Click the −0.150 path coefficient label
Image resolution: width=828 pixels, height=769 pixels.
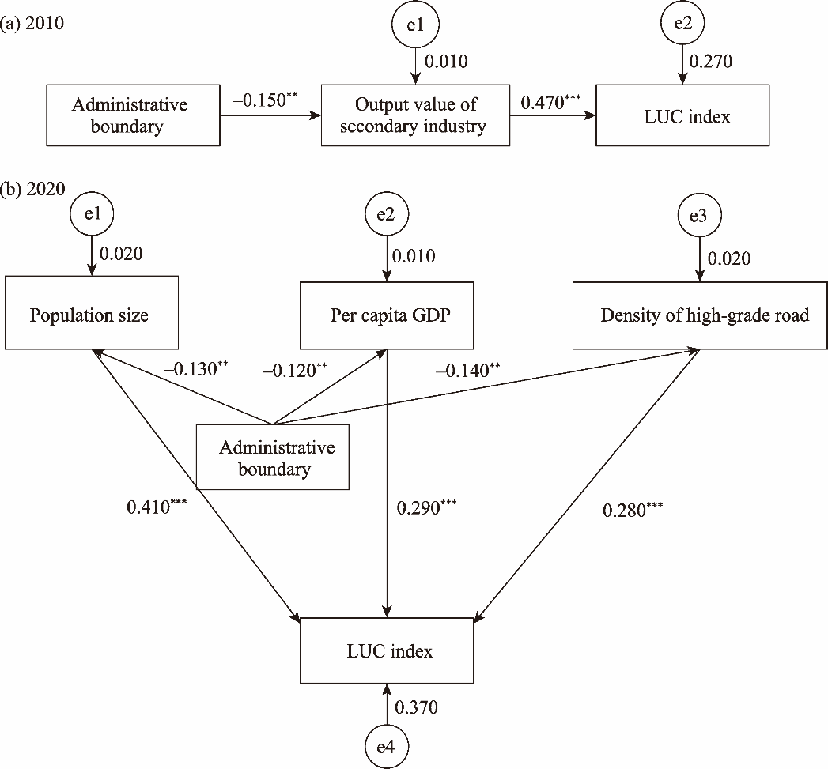[263, 100]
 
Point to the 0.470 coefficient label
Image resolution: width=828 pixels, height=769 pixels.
[550, 101]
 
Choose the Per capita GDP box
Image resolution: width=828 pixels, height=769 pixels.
[387, 315]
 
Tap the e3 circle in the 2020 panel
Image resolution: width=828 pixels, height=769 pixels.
[698, 217]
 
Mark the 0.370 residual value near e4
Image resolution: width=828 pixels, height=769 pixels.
[417, 707]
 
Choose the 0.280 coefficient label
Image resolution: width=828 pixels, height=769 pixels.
[632, 510]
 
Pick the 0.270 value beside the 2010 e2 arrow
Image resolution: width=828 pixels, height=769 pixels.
[711, 61]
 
